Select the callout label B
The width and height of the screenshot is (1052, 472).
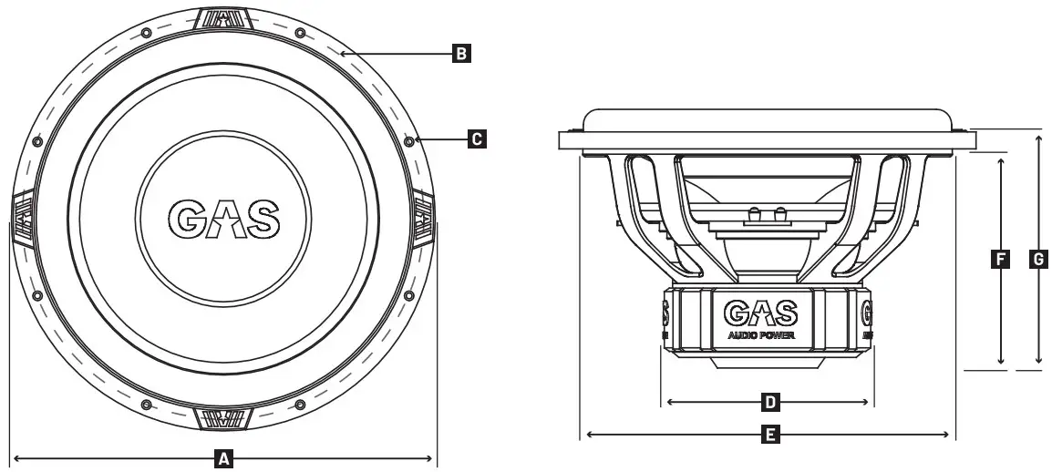tap(461, 55)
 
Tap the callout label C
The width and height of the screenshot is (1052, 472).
tap(476, 139)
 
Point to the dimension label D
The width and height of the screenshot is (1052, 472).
tap(769, 402)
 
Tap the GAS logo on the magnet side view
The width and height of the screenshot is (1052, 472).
tap(761, 313)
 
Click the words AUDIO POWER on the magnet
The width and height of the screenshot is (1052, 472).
tap(761, 335)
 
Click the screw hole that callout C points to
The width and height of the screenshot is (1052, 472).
tap(408, 141)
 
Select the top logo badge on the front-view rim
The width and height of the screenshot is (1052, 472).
tap(222, 18)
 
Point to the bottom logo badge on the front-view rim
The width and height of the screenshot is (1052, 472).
tap(222, 418)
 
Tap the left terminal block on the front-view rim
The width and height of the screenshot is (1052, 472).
tap(23, 219)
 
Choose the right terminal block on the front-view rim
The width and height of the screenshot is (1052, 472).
tap(423, 219)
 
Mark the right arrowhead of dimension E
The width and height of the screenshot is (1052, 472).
tap(951, 436)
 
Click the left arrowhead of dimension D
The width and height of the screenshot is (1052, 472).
tap(671, 402)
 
